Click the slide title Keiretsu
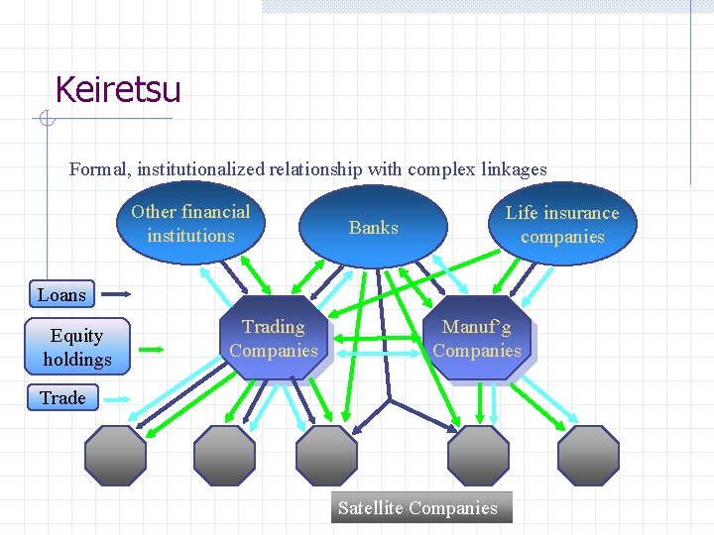coord(118,90)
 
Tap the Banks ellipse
coord(374,228)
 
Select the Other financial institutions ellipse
coord(191,224)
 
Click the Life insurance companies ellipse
coord(562,225)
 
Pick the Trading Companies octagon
coord(274,339)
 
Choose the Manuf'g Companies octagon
coord(477,339)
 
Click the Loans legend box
coord(62,294)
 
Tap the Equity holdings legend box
coord(77,348)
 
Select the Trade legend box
coord(62,398)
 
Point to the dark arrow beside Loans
coord(118,294)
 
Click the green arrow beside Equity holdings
coord(152,349)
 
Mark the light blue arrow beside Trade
coord(118,398)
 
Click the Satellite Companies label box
coord(417,508)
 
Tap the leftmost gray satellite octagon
coord(115,455)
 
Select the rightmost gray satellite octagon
coord(588,455)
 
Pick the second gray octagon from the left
coord(224,455)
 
